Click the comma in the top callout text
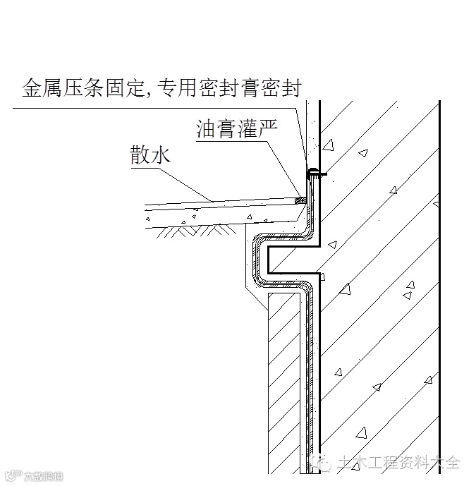(x=148, y=93)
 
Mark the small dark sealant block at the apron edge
(x=301, y=200)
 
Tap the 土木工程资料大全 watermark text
(x=398, y=463)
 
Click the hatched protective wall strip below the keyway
(x=284, y=381)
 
